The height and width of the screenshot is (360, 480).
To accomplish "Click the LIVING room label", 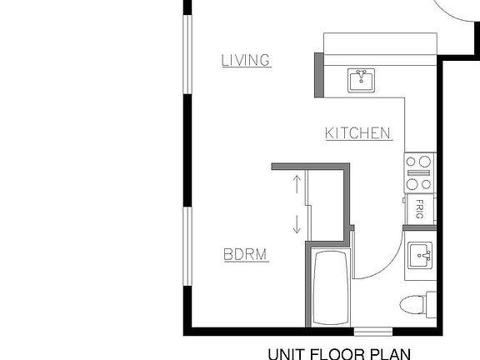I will point(246,60).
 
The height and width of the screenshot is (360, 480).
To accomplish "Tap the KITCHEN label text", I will point(357,133).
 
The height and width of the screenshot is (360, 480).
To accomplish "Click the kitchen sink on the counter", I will point(362,80).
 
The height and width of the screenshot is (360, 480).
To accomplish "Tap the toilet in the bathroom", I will point(414,304).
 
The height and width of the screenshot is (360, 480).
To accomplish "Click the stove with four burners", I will point(418,172).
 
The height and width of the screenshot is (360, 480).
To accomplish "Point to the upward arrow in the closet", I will point(296,184).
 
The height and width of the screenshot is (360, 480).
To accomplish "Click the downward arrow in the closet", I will point(296,222).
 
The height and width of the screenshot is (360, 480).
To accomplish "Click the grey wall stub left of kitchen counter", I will point(318,75).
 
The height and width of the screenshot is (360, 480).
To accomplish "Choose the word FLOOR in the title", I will point(342,352).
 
